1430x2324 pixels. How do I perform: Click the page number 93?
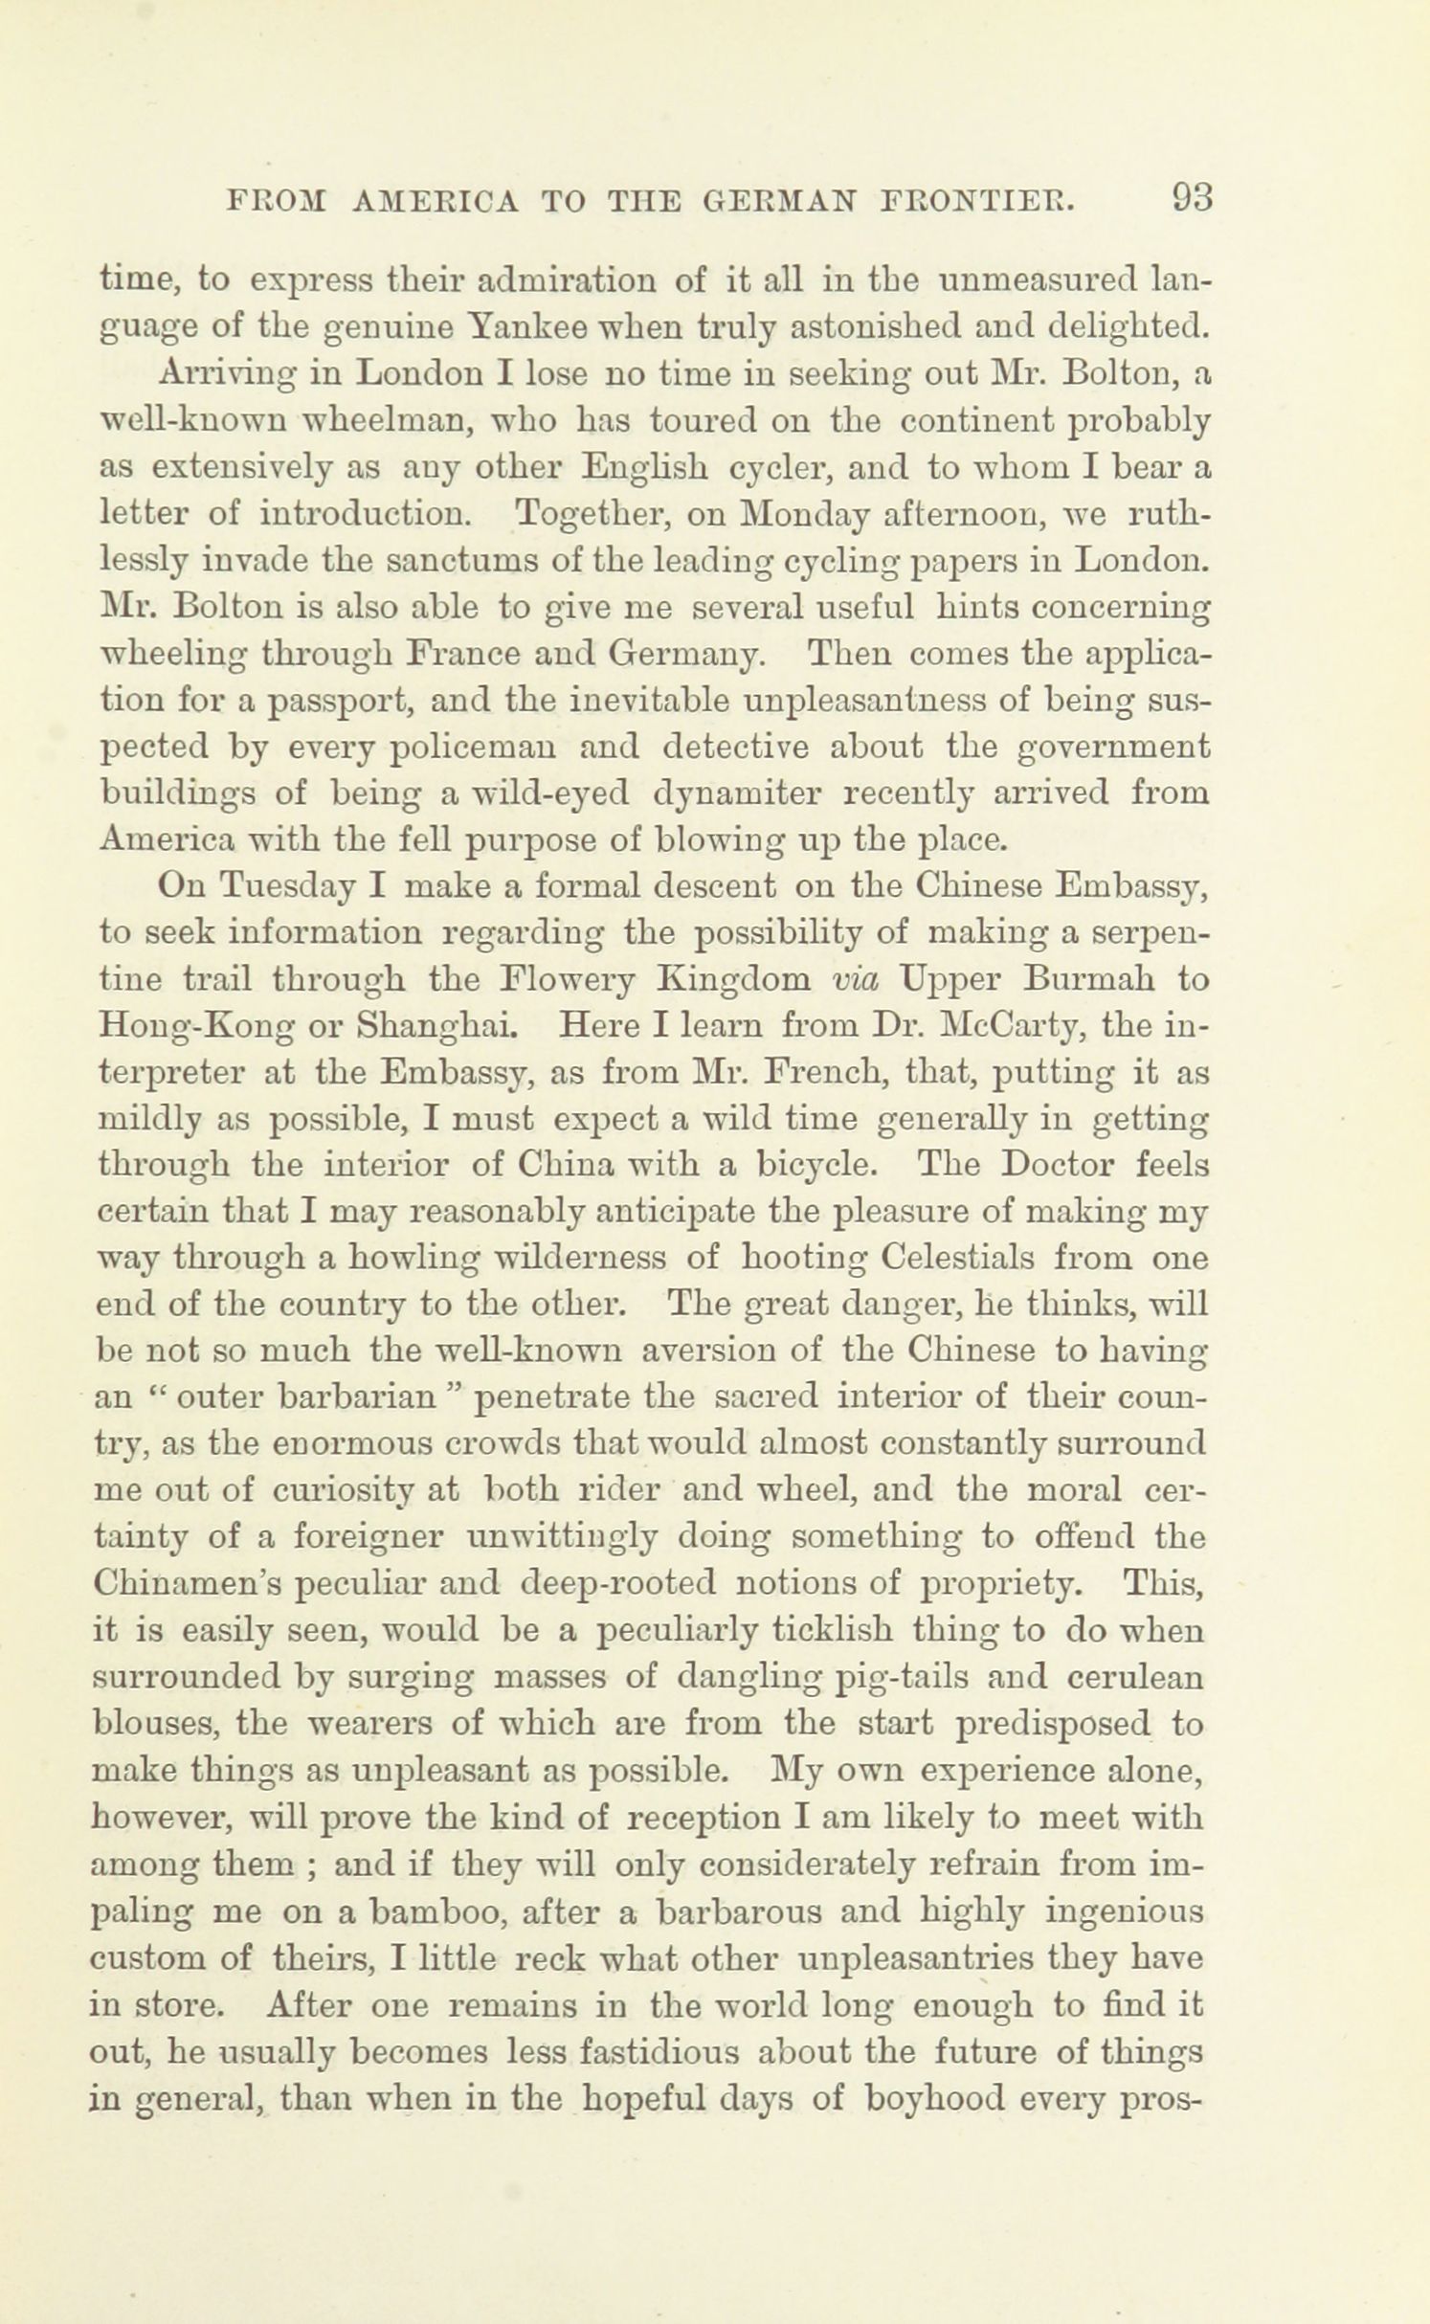point(1189,198)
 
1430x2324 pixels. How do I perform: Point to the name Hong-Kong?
point(188,1026)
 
